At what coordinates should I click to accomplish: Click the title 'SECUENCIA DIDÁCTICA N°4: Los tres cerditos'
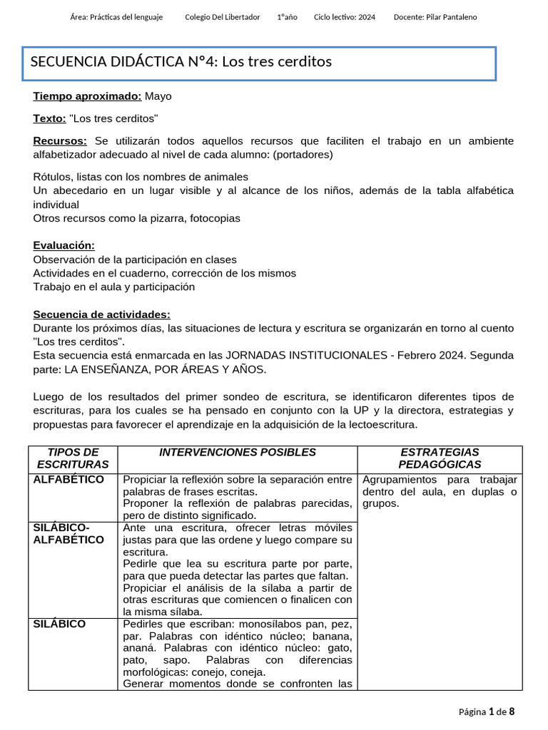[181, 62]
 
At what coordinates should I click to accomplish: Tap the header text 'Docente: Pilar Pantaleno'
[435, 17]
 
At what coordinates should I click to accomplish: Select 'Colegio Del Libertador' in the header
[222, 17]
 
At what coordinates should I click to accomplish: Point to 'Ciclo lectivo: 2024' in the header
[344, 17]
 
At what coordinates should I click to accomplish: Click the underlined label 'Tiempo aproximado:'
[87, 96]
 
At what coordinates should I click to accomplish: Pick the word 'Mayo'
[158, 96]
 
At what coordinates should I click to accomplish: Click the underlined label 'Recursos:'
[60, 141]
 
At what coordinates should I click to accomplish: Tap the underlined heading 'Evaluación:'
[64, 245]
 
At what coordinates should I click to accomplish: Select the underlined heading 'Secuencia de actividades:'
[101, 314]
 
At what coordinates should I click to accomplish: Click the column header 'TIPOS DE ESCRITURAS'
[73, 458]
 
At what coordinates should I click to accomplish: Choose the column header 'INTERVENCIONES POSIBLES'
[237, 453]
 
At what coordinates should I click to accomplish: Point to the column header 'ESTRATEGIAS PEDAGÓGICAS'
[440, 458]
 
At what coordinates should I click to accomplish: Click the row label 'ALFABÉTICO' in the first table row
[68, 480]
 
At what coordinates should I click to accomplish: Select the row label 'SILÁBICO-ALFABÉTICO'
[68, 534]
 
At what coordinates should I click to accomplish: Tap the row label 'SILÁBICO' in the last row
[59, 624]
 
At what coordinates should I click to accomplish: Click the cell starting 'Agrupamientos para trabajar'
[440, 492]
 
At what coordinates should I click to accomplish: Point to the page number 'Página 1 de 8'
[486, 711]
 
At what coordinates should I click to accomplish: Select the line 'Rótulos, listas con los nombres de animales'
[141, 177]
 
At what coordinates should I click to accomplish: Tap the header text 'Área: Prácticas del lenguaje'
[117, 17]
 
